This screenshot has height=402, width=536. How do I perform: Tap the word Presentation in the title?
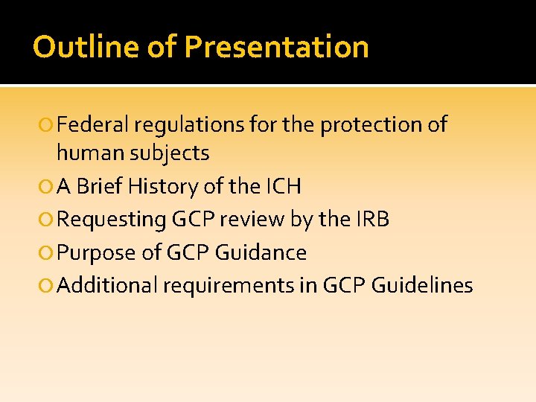276,47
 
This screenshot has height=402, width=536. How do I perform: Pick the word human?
90,153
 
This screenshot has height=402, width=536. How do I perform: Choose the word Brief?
100,186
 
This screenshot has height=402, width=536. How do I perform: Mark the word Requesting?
111,219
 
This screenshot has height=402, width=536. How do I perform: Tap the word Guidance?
261,252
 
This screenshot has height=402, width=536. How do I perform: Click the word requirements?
232,285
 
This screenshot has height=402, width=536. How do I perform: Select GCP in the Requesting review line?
192,219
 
